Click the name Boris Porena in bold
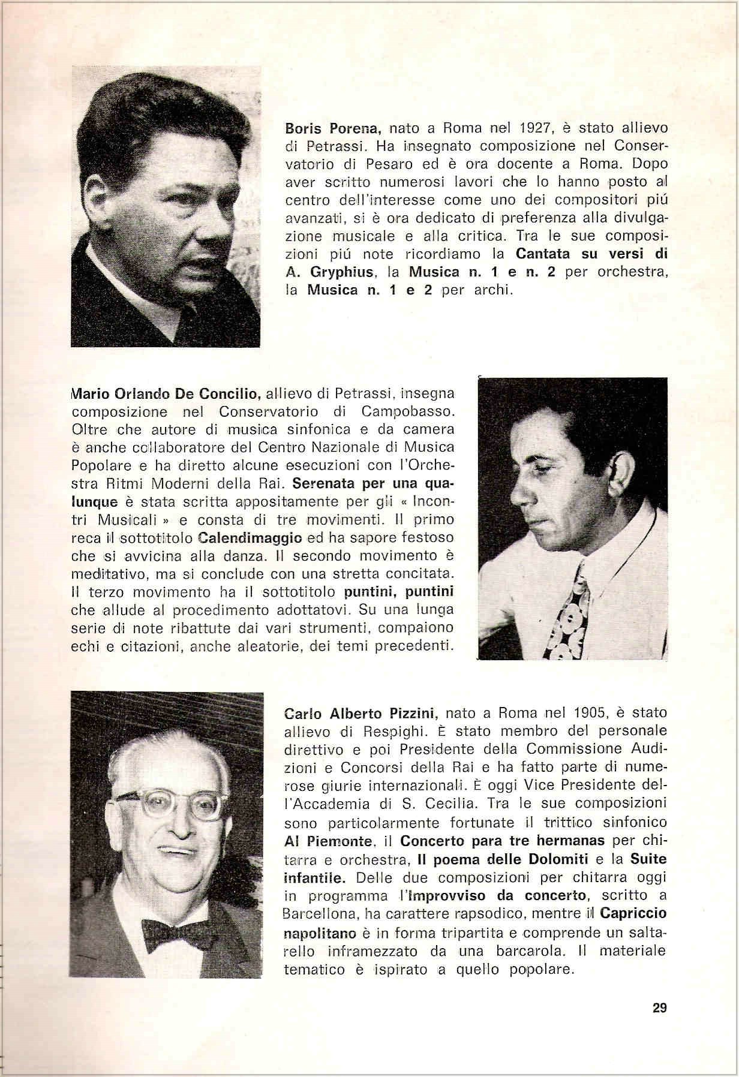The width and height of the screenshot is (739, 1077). pyautogui.click(x=335, y=128)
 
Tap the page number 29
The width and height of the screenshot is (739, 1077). pyautogui.click(x=659, y=1007)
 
